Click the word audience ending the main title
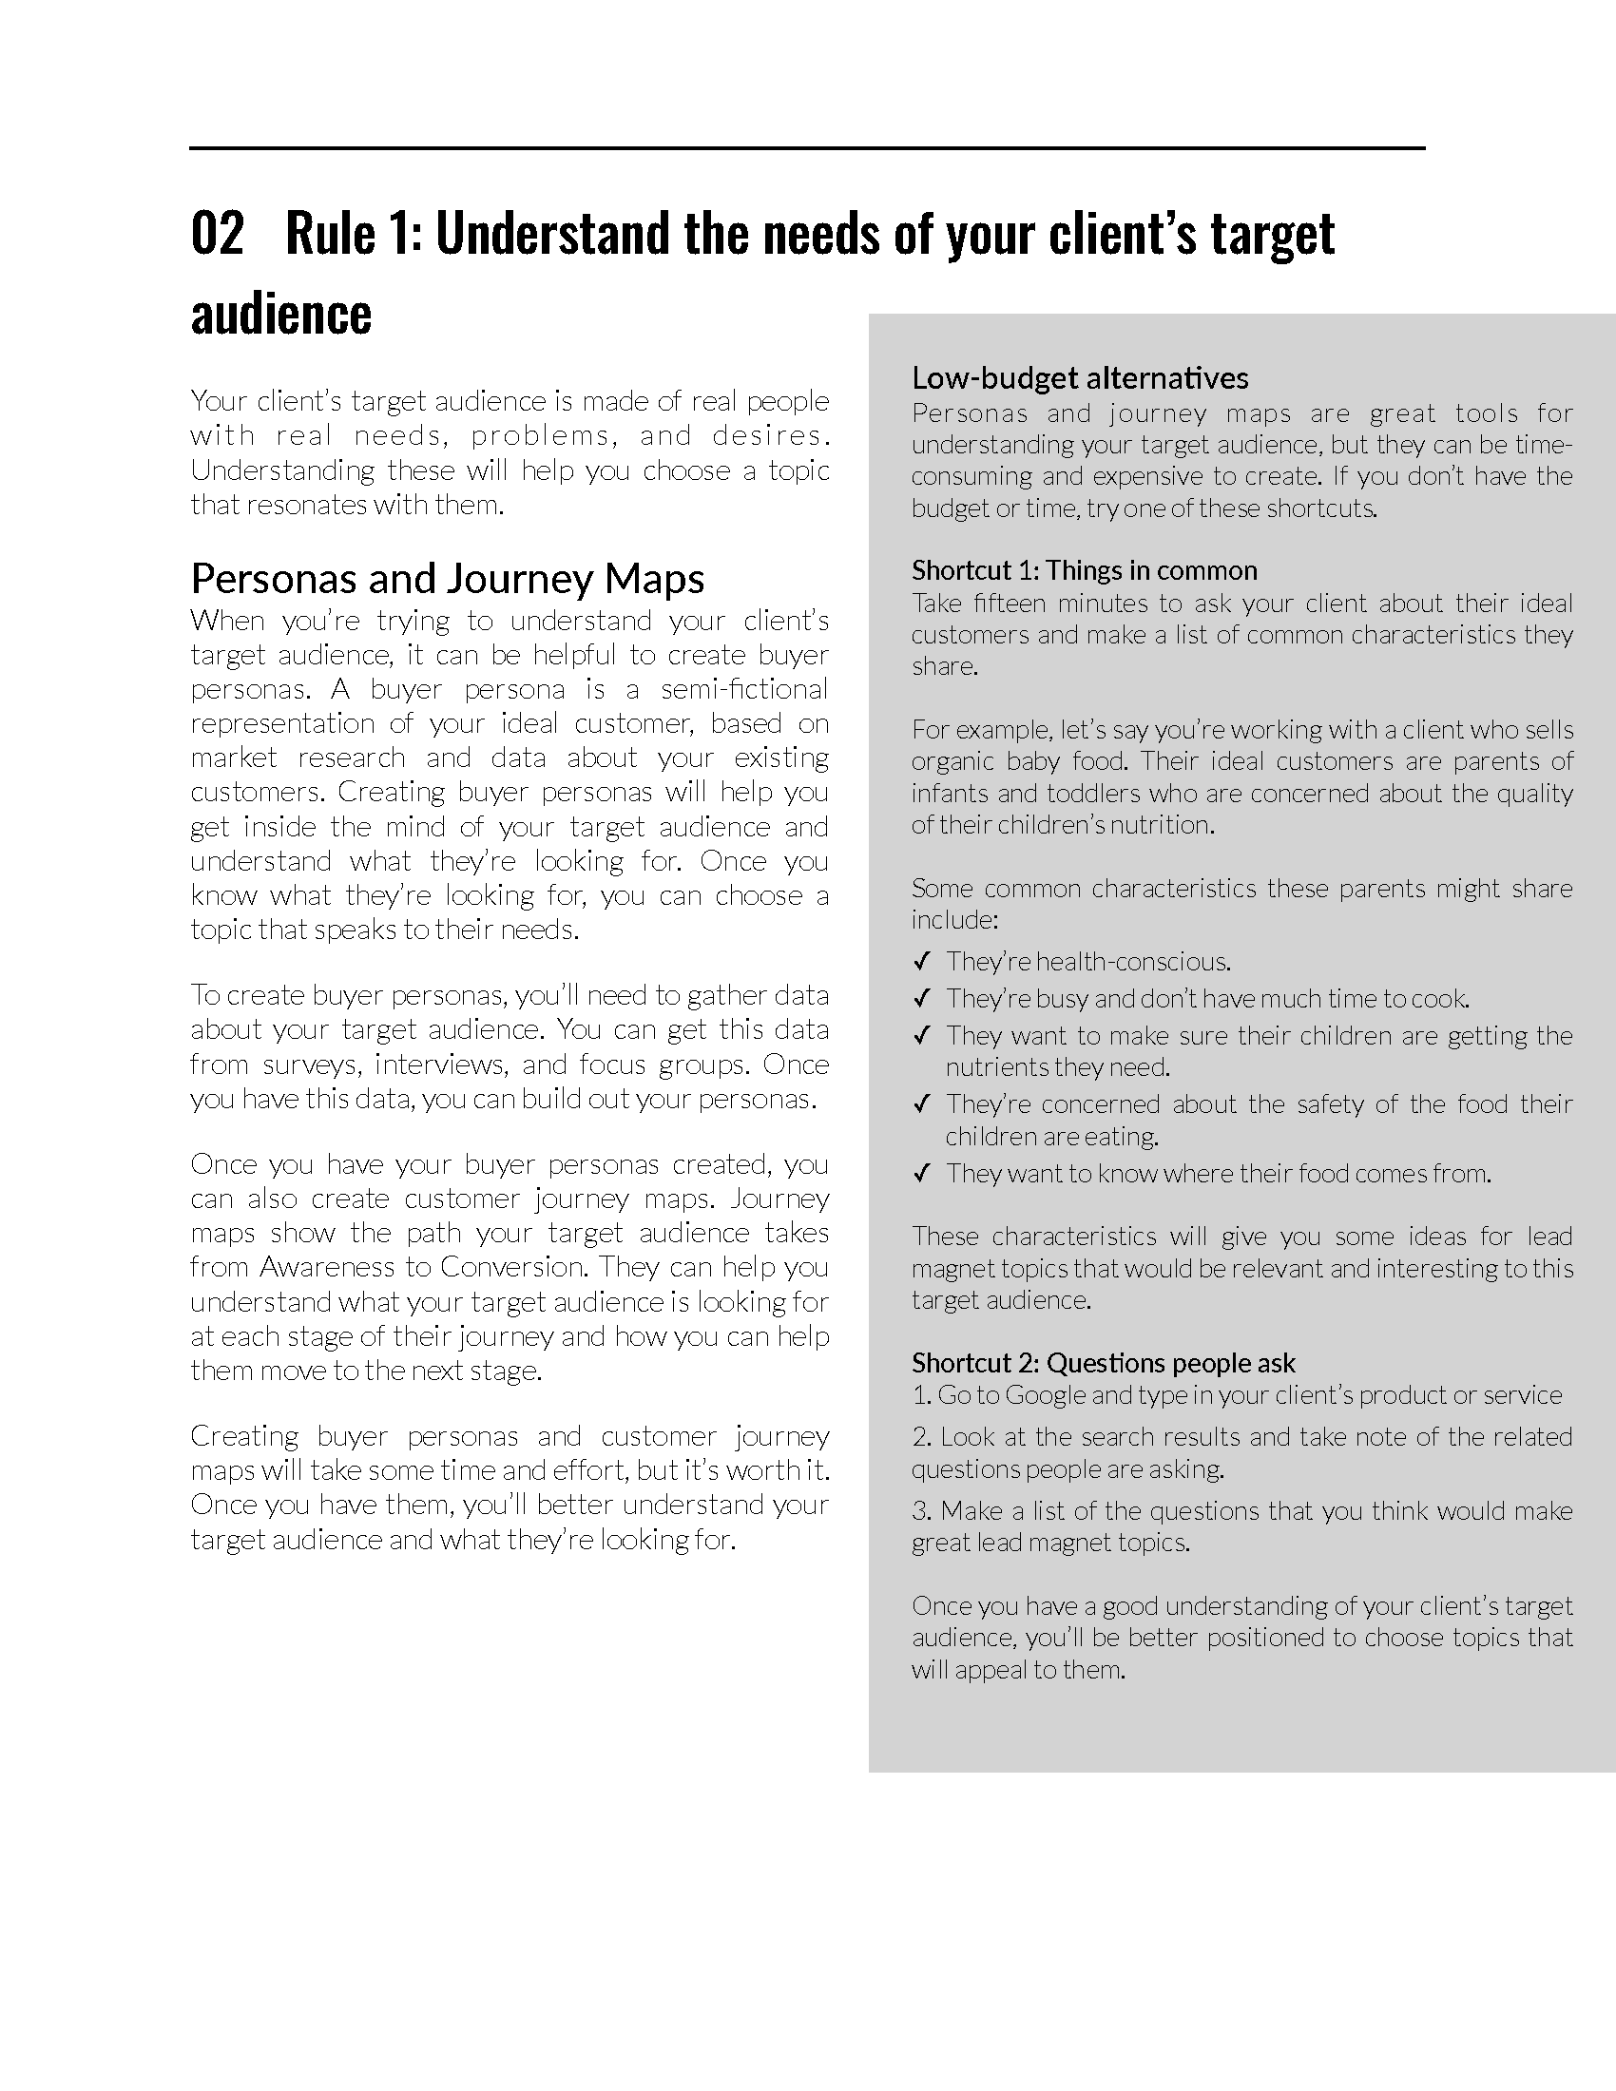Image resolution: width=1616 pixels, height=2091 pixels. pyautogui.click(x=280, y=315)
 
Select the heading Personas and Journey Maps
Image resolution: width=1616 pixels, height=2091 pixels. pyautogui.click(x=447, y=578)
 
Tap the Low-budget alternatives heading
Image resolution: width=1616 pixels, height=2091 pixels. pyautogui.click(x=1079, y=378)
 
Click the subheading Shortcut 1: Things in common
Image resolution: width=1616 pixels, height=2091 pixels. pyautogui.click(x=1084, y=570)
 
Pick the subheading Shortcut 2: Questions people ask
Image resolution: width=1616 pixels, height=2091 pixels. pyautogui.click(x=1103, y=1362)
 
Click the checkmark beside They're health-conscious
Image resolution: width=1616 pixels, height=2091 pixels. pyautogui.click(x=922, y=961)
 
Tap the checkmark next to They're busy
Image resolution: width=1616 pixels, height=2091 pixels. pyautogui.click(x=922, y=999)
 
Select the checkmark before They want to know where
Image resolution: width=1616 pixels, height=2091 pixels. pyautogui.click(x=922, y=1174)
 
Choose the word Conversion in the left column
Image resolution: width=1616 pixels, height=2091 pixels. pyautogui.click(x=511, y=1268)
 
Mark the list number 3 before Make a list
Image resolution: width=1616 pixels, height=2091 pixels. pyautogui.click(x=920, y=1512)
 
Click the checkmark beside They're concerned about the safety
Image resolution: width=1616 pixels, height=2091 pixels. pyautogui.click(x=922, y=1104)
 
